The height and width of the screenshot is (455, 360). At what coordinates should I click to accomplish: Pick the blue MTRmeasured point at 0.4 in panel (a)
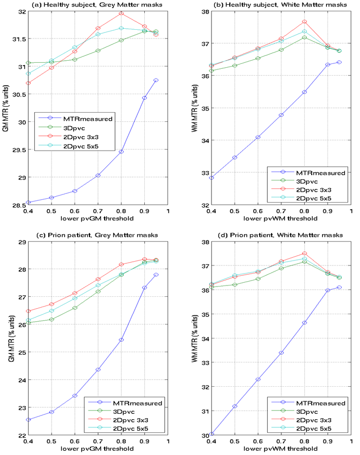pyautogui.click(x=28, y=203)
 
